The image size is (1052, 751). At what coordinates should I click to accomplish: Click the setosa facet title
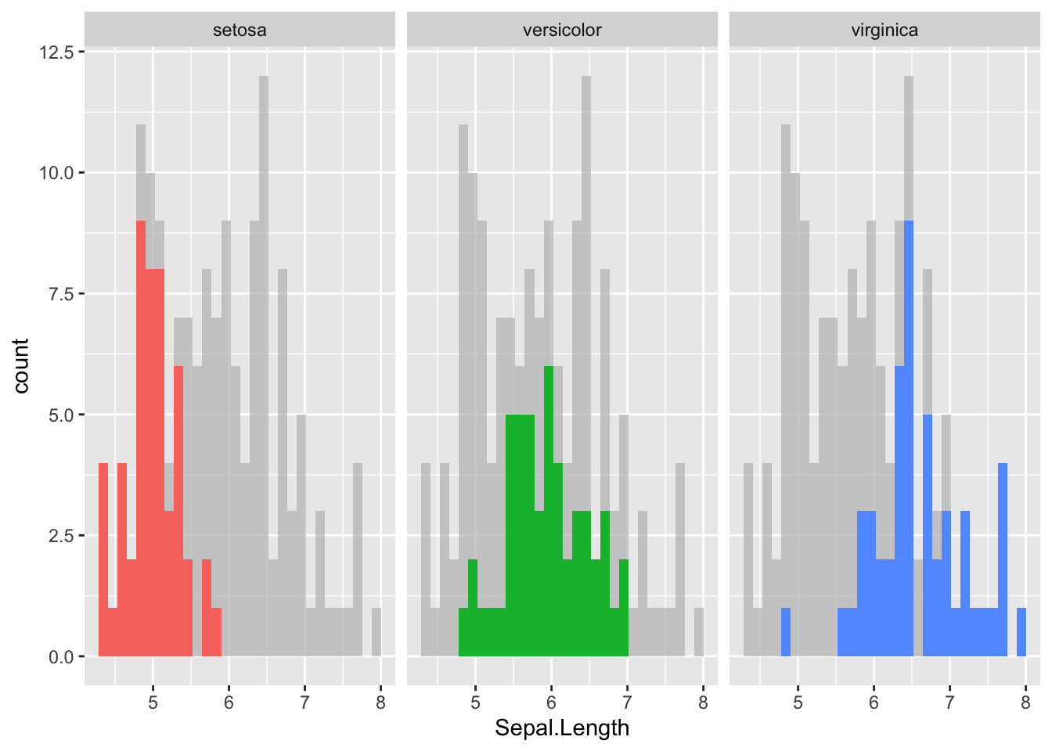tap(240, 31)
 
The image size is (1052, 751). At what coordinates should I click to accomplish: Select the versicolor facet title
tap(562, 31)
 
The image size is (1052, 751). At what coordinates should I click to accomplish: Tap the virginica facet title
tap(884, 31)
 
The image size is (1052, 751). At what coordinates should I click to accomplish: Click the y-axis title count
tap(21, 365)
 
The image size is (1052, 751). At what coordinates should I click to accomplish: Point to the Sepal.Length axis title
tap(562, 728)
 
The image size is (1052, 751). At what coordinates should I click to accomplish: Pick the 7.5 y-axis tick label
tap(60, 294)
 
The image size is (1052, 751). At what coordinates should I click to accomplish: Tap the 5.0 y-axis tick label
tap(60, 415)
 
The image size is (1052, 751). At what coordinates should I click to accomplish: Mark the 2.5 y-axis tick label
tap(60, 536)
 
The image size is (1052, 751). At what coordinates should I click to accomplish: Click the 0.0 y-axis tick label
tap(60, 657)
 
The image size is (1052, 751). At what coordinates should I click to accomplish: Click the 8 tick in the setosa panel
tap(380, 702)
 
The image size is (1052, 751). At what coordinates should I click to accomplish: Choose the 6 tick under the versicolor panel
tap(551, 702)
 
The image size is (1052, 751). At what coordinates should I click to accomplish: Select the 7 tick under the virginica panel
tap(949, 702)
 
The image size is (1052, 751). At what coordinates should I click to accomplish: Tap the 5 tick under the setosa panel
tap(153, 702)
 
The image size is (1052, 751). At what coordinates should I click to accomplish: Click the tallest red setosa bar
tap(141, 438)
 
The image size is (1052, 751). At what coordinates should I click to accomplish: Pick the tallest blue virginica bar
tap(909, 438)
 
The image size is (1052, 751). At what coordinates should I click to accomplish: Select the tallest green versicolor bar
tap(549, 508)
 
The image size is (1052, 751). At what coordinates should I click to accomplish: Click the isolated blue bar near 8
tap(1021, 632)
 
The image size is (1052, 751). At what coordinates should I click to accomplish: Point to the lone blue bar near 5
tap(786, 632)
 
